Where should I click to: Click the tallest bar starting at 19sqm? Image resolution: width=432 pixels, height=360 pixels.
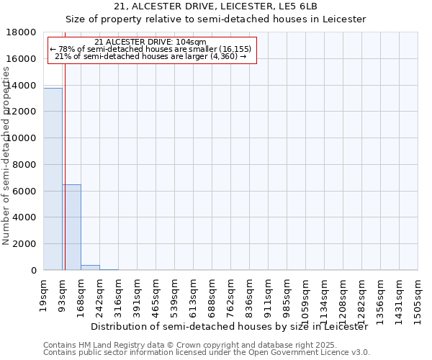point(53,179)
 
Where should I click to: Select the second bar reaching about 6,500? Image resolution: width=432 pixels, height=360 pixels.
point(71,227)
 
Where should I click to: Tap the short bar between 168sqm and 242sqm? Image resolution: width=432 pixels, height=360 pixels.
point(90,267)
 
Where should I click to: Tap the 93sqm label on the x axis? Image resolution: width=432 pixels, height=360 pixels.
point(63,292)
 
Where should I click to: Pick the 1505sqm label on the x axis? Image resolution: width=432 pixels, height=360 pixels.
point(418,297)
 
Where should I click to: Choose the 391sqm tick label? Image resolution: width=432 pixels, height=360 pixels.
point(137,294)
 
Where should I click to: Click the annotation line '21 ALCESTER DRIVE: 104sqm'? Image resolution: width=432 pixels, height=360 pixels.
point(150,42)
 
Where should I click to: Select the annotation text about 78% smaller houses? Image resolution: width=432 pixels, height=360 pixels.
point(150,49)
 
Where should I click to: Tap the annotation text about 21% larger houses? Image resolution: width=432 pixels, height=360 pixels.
point(150,56)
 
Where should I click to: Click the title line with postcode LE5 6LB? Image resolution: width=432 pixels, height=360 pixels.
point(215,6)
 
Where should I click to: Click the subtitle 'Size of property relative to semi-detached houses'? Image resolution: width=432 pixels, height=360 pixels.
point(215,19)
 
